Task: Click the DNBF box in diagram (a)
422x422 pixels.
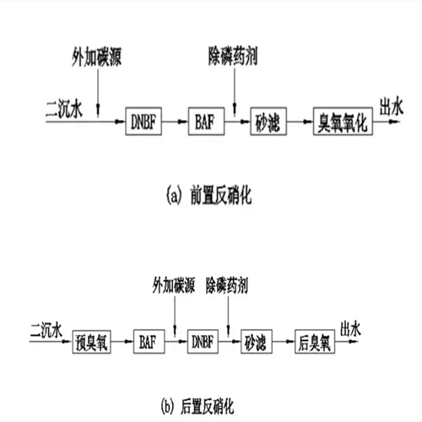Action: point(143,122)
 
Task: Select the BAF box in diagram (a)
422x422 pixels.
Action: point(206,122)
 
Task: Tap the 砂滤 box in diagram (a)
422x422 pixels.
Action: point(268,122)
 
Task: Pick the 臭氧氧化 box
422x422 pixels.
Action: point(343,122)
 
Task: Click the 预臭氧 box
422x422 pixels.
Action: point(91,342)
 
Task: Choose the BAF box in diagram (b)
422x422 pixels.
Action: point(149,342)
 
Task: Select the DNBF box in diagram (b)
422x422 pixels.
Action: point(203,342)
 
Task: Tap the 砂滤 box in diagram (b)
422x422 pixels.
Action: point(257,342)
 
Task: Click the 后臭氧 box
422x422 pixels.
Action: point(315,342)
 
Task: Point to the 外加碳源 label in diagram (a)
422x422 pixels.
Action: point(96,57)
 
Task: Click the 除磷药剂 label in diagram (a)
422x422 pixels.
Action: point(233,56)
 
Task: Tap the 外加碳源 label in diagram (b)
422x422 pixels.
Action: point(174,285)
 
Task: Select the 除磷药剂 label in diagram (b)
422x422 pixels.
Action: point(227,285)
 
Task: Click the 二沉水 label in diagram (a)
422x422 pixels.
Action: point(64,109)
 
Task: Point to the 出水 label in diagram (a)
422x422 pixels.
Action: point(392,106)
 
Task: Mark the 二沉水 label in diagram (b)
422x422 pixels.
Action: point(46,330)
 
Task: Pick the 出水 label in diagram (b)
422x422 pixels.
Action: point(350,329)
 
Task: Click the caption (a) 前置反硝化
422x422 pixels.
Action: point(208,195)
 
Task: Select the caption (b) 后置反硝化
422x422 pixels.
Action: point(197,406)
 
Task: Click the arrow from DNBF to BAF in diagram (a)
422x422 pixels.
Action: point(175,122)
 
